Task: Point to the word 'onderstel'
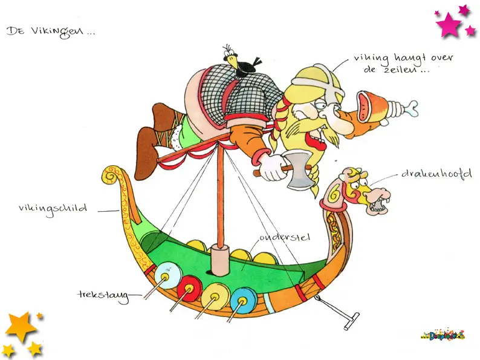[284, 237]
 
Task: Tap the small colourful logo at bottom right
[441, 334]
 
